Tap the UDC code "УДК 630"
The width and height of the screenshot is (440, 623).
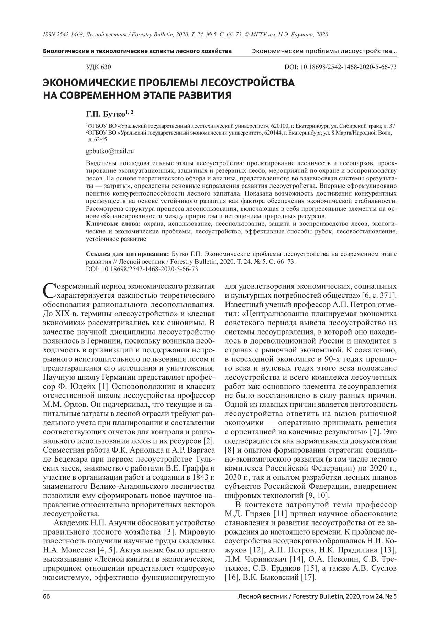click(98, 67)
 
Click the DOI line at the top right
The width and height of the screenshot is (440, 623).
click(340, 67)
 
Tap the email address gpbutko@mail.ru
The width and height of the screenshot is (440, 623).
click(110, 151)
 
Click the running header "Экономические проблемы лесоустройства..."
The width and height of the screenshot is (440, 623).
click(324, 51)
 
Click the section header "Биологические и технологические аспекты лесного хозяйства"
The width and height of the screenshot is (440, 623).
click(137, 51)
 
